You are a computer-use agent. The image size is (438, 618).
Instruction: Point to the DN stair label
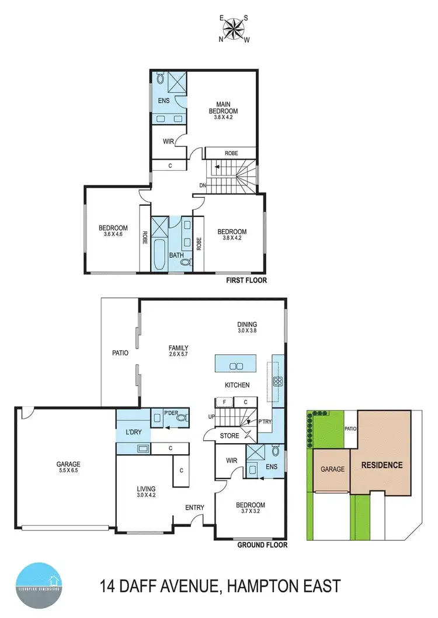click(x=202, y=185)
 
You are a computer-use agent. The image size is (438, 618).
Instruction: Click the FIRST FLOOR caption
click(x=246, y=280)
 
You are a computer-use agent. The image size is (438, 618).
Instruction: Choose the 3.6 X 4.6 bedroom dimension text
click(x=113, y=234)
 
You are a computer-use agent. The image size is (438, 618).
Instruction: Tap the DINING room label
click(x=247, y=325)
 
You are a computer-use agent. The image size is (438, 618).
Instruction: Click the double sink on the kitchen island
click(x=236, y=366)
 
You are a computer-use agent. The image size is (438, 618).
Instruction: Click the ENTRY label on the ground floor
click(x=194, y=507)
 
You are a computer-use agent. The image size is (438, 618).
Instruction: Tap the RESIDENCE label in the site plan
click(x=382, y=465)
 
